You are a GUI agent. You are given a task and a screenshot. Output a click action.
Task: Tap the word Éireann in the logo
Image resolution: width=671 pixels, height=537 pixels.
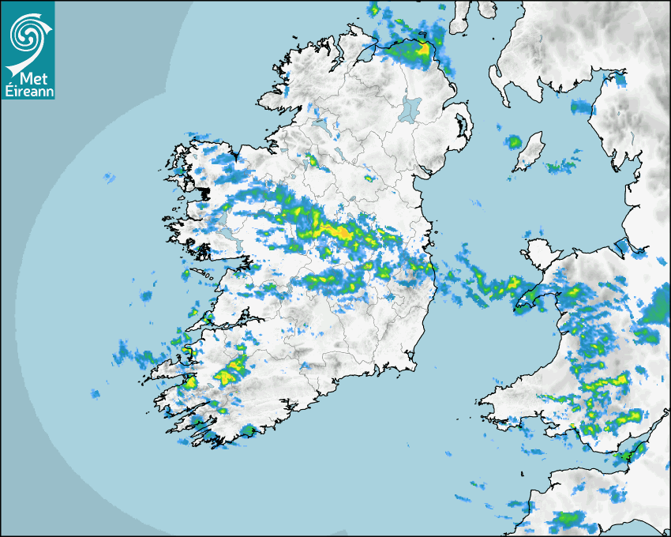[28, 90]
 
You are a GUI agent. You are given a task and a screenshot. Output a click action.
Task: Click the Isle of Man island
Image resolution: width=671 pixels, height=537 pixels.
[530, 152]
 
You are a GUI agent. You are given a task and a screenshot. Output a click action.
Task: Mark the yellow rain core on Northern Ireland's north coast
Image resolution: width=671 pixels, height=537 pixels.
[423, 49]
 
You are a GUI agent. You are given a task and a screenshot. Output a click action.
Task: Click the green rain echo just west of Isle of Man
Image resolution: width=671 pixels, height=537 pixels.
[515, 142]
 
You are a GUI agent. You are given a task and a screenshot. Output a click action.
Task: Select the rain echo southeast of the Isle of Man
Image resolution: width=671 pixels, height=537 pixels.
[562, 166]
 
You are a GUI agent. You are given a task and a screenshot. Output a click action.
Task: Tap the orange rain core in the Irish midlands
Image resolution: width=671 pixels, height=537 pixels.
[342, 233]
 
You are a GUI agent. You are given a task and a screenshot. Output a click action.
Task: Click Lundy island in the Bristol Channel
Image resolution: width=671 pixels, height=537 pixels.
[523, 472]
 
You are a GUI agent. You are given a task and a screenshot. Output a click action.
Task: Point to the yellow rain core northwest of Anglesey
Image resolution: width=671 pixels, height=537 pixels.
[515, 282]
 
